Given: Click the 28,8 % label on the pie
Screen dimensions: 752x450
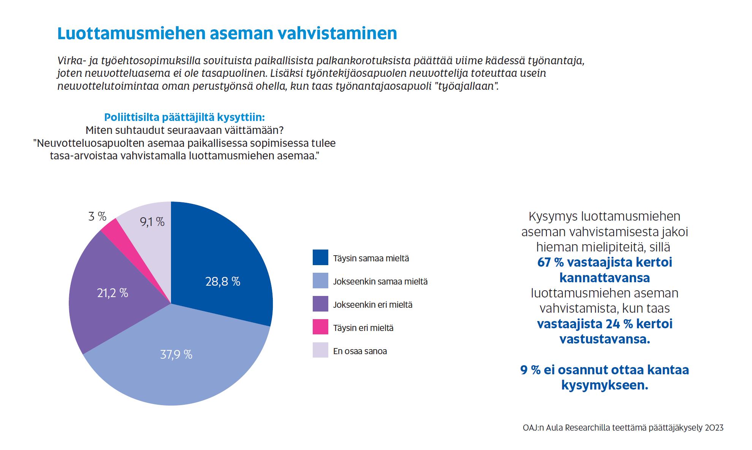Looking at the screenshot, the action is coord(223,281).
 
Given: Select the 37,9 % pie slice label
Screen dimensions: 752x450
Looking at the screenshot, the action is coord(176,355).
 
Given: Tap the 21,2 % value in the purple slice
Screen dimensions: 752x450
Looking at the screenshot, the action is coord(112,293).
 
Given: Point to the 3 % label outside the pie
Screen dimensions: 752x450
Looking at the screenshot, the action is coord(97,216).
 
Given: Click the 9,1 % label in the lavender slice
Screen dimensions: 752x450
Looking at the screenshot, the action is coord(152,222).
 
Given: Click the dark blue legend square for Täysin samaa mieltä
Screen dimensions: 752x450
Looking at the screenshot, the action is coord(320,257).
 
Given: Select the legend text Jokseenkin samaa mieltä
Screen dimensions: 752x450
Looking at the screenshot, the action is coord(380,281).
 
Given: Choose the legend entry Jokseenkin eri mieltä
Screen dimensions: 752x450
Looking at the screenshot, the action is coord(373,305).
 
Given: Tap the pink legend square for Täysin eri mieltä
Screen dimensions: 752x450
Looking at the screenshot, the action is coord(320,327).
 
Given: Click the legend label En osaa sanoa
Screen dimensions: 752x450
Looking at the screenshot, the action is coord(360,351).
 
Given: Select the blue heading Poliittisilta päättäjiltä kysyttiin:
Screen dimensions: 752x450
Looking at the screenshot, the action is coord(184,117).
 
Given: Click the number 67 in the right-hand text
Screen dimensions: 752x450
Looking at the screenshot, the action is coord(544,262).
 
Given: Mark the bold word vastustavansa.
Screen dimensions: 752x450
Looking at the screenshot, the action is coord(605,339).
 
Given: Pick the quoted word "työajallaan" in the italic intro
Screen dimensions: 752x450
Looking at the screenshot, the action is coord(468,86).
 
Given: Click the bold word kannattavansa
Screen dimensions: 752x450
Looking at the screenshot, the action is coord(605,278).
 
